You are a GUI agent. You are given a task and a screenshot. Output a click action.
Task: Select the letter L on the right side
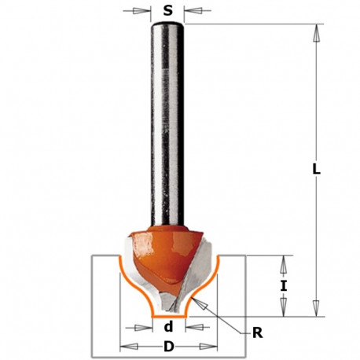coord(315,168)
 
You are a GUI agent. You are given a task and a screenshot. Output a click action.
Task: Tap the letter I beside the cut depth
coord(284,286)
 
